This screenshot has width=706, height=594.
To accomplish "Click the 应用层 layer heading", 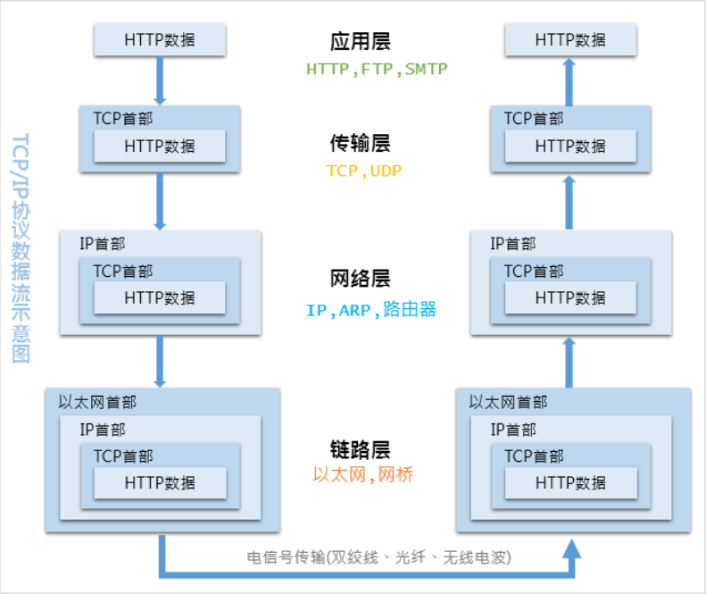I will click(x=360, y=42).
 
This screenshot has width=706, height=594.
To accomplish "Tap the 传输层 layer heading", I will click(x=360, y=144).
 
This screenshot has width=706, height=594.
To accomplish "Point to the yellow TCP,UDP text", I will click(x=364, y=171).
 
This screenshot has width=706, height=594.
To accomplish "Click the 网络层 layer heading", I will click(x=360, y=279).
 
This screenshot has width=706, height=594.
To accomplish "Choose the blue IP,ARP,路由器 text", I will click(x=370, y=310).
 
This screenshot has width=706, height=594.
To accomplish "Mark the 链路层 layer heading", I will click(x=360, y=449).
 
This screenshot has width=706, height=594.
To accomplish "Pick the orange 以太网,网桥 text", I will click(x=363, y=475).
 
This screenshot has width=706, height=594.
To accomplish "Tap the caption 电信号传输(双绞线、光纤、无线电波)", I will click(x=378, y=557).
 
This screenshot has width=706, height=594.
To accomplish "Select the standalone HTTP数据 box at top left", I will click(x=160, y=40).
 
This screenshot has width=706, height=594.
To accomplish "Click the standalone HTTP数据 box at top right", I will click(x=570, y=40).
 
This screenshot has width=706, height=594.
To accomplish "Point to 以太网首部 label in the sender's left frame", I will click(x=98, y=403).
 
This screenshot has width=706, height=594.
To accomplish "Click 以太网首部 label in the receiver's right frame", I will click(x=509, y=403).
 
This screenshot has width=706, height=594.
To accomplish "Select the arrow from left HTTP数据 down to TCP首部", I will click(x=161, y=80).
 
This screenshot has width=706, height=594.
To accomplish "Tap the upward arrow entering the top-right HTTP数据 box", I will click(x=571, y=80).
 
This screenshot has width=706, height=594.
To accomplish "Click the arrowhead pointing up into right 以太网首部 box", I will click(x=571, y=547).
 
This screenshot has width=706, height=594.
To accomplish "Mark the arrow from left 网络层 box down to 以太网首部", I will click(x=161, y=361).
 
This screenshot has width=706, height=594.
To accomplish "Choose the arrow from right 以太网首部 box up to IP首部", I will click(x=571, y=362).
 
